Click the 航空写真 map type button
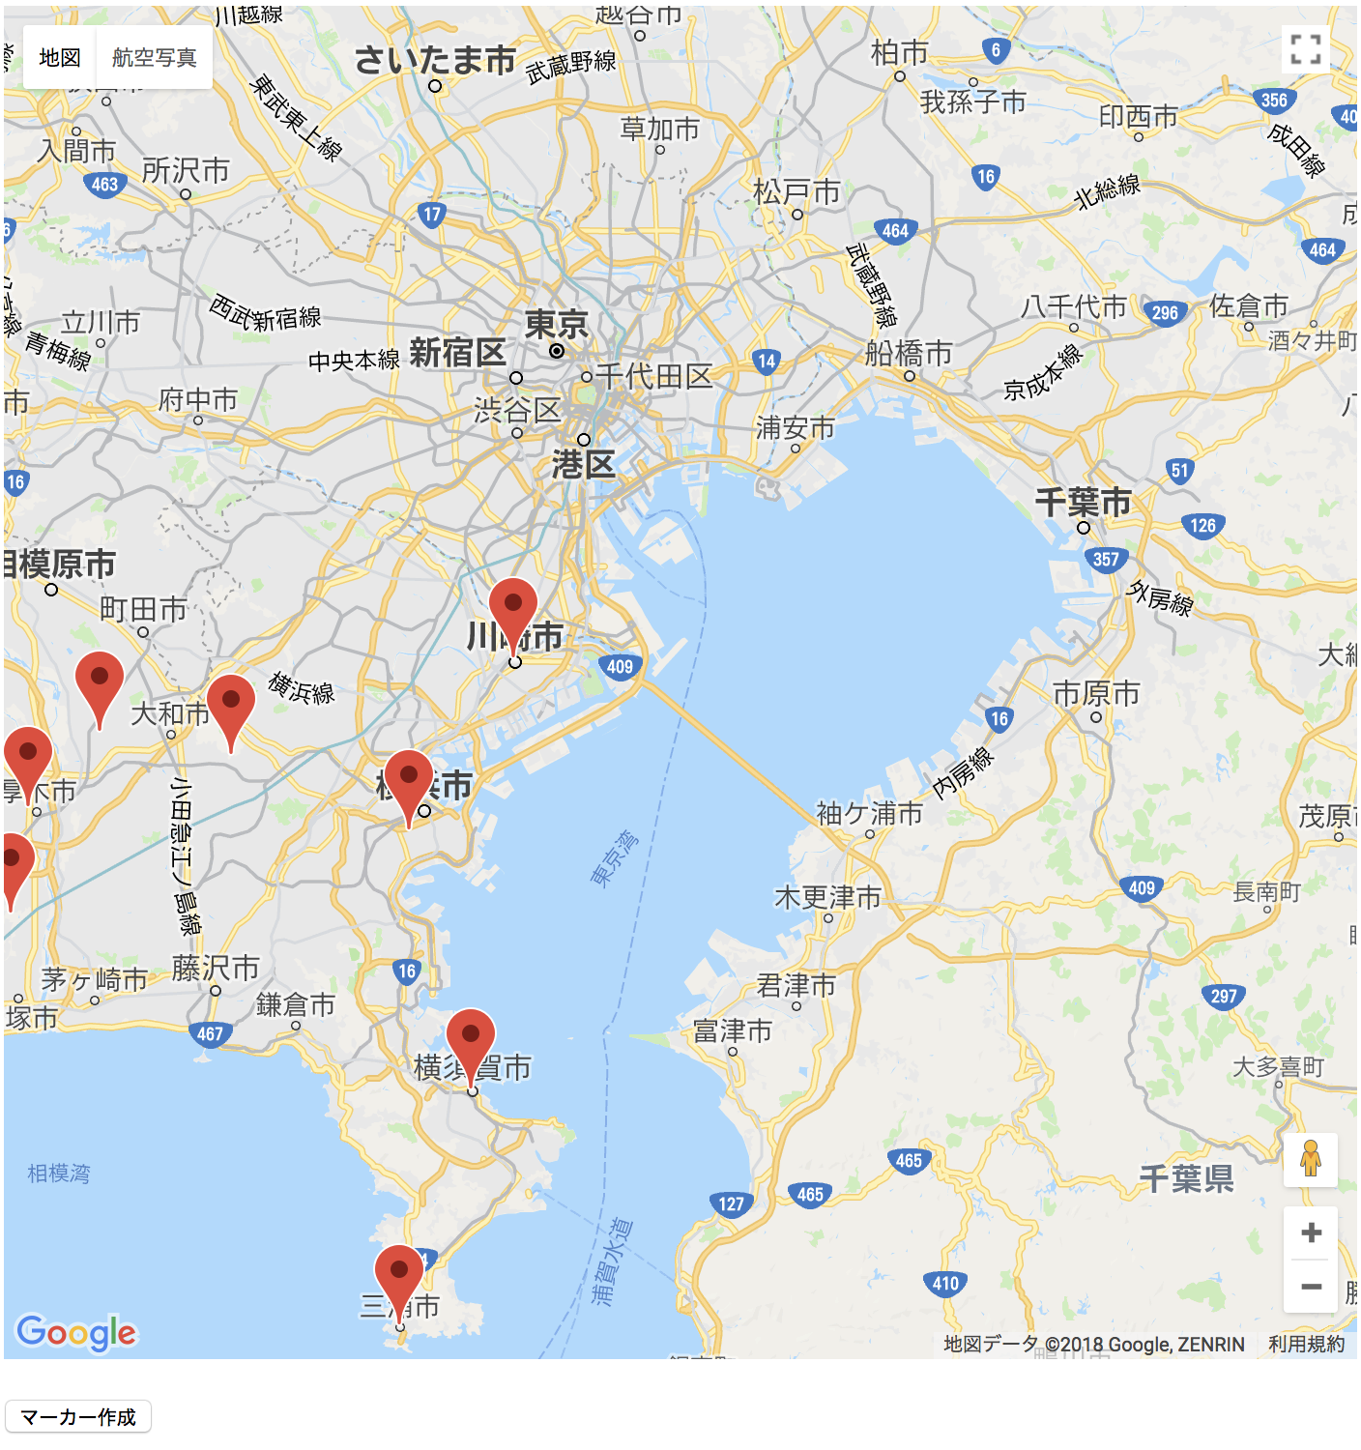point(154,58)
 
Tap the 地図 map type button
point(59,58)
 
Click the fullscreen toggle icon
point(1305,49)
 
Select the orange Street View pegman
point(1310,1158)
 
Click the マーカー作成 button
point(78,1417)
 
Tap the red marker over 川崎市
point(513,608)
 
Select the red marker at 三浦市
point(399,1275)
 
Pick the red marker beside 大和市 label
point(231,705)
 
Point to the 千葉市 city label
point(1083,503)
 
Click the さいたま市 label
point(435,60)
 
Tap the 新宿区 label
point(457,353)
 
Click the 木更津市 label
point(827,898)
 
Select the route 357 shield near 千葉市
point(1106,559)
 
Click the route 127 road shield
point(731,1203)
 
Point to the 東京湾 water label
point(615,857)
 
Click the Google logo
point(76,1333)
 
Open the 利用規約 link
point(1306,1344)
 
